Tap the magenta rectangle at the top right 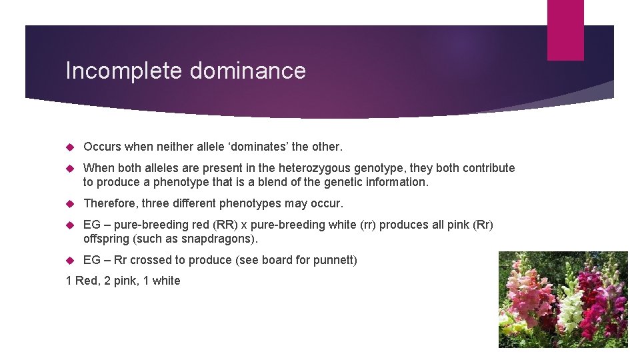click(565, 30)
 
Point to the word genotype click(379, 168)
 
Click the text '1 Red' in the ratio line click(81, 281)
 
